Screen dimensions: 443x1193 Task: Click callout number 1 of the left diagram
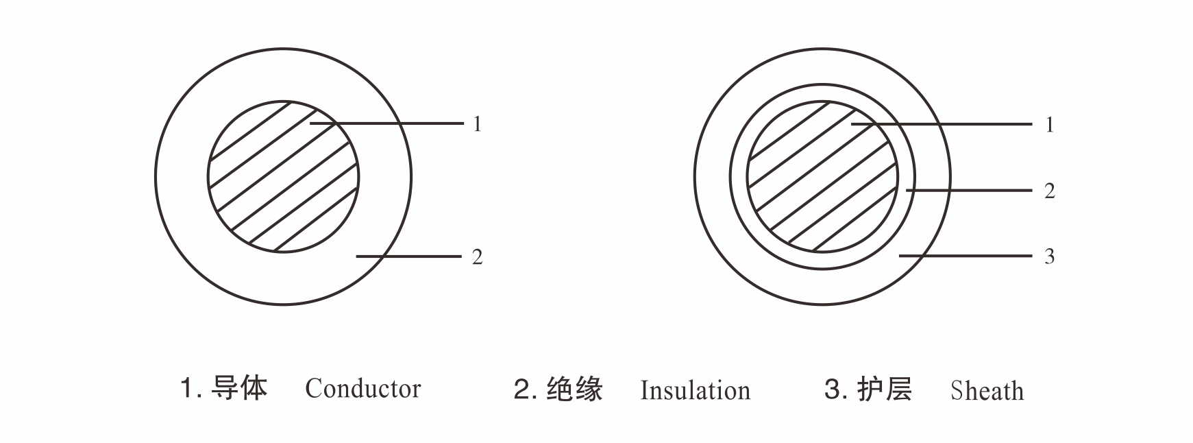[478, 124]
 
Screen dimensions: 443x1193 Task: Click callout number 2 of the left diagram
[478, 257]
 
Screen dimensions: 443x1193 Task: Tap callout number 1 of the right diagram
[1049, 125]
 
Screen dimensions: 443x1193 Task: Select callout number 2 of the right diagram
[1049, 191]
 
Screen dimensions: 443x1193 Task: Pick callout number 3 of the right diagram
[1049, 256]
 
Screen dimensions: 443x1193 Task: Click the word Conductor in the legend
[362, 389]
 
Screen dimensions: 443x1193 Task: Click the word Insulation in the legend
[695, 391]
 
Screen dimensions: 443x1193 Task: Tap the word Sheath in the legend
[987, 391]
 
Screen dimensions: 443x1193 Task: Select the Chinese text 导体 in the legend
[239, 388]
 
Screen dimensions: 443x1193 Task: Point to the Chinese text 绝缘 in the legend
[575, 390]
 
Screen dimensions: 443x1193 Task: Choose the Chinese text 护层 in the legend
[885, 390]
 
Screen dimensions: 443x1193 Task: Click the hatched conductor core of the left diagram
[283, 177]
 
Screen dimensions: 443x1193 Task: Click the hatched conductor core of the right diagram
[822, 177]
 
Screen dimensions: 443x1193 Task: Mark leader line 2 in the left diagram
[408, 256]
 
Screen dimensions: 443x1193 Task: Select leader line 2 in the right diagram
[969, 190]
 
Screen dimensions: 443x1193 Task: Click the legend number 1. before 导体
[190, 389]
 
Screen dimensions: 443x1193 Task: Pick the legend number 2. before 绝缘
[525, 390]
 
